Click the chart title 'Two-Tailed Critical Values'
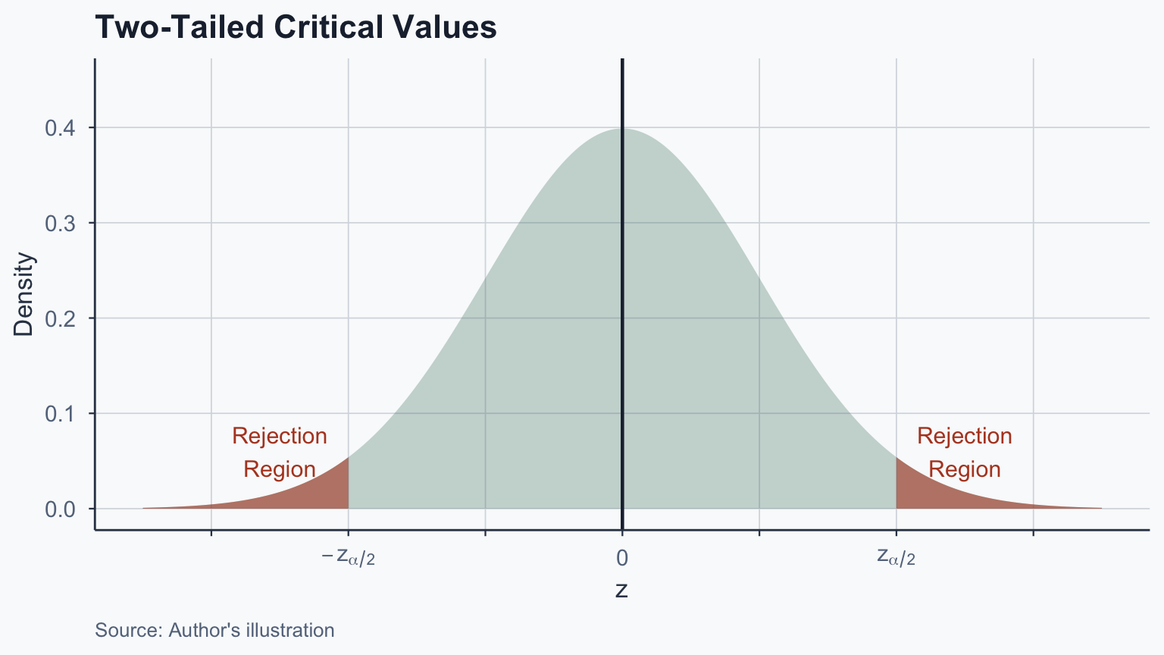pos(296,28)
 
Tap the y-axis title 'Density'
pos(24,294)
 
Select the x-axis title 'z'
pos(621,590)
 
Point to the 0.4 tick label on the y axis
pos(60,128)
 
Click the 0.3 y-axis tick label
pos(60,223)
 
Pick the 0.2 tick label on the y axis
pos(60,318)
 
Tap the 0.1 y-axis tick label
pos(60,414)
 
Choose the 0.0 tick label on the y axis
pos(60,509)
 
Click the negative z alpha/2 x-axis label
pos(349,558)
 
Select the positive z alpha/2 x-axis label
pos(896,558)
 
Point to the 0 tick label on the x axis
pos(622,559)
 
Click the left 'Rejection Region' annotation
pos(280,453)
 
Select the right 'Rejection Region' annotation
pos(964,453)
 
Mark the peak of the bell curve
pos(622,129)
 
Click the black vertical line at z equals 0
pos(622,303)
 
